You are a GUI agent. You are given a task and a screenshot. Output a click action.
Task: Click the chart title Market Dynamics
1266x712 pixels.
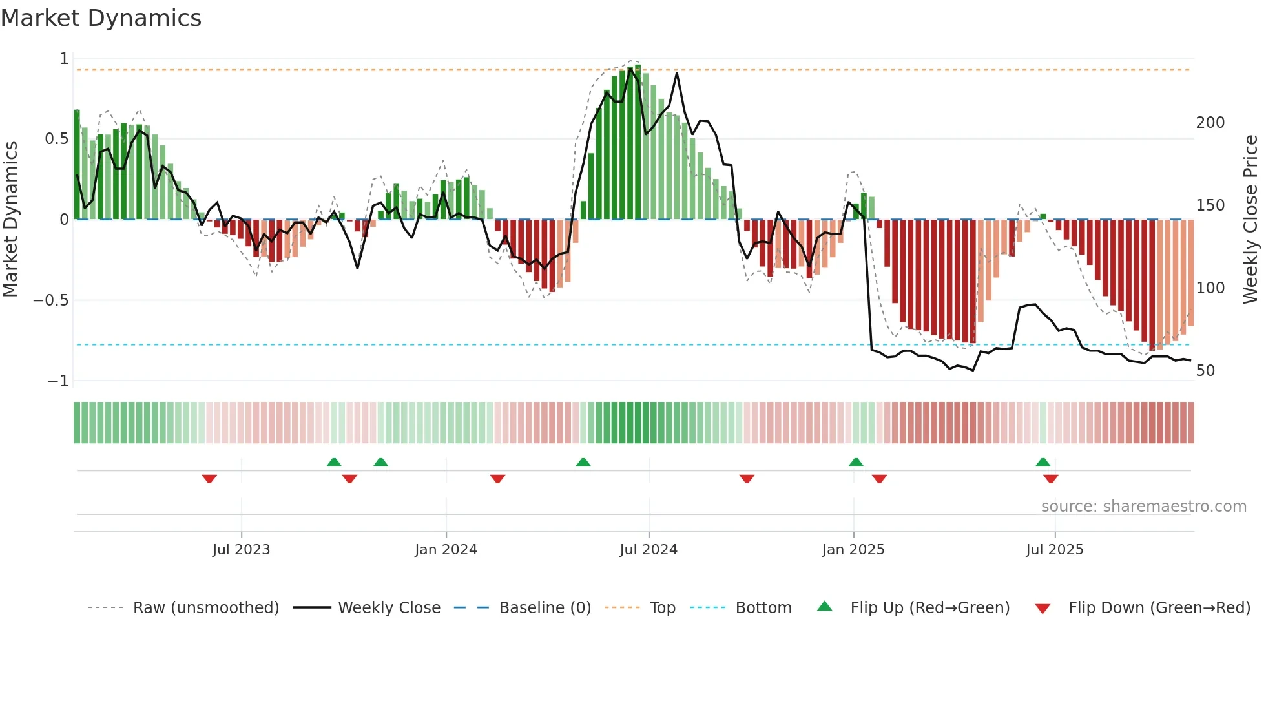(x=101, y=18)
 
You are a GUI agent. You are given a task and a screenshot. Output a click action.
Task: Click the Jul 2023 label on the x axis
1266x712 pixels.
(x=241, y=550)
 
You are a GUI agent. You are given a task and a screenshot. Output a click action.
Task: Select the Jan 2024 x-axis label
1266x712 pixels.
(x=446, y=550)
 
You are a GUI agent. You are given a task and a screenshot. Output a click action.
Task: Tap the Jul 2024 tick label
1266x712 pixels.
(x=649, y=550)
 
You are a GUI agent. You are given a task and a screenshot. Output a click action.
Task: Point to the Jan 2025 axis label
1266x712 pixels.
(x=853, y=550)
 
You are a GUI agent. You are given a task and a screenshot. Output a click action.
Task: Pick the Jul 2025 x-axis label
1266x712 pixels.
(x=1055, y=550)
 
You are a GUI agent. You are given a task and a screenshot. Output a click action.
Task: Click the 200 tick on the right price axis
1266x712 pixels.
(x=1210, y=123)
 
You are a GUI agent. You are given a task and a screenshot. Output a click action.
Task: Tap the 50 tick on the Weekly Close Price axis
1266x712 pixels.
(x=1205, y=371)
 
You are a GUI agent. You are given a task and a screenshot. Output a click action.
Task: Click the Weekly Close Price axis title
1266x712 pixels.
(x=1250, y=220)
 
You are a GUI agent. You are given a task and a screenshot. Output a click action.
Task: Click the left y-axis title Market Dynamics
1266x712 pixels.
(x=10, y=220)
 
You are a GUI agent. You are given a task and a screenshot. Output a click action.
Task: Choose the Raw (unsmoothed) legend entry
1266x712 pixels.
(x=205, y=608)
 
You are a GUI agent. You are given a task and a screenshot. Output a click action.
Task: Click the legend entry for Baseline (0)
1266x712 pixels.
(x=545, y=608)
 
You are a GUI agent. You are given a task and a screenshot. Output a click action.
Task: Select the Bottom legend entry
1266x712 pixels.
(x=763, y=608)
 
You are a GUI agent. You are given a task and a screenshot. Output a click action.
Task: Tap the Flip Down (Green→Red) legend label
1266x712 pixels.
(x=1159, y=608)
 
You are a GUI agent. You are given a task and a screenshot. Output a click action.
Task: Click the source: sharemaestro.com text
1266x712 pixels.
(x=1143, y=507)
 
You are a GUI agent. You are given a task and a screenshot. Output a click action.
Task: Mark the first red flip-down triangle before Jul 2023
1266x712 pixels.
(x=209, y=479)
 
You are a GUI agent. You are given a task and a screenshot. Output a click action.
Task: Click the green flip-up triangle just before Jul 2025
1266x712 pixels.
(x=1043, y=462)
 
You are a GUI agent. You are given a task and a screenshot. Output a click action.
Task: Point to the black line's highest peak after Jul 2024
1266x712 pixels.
(x=677, y=73)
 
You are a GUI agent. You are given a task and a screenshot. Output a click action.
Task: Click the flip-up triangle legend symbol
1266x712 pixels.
(x=825, y=606)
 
